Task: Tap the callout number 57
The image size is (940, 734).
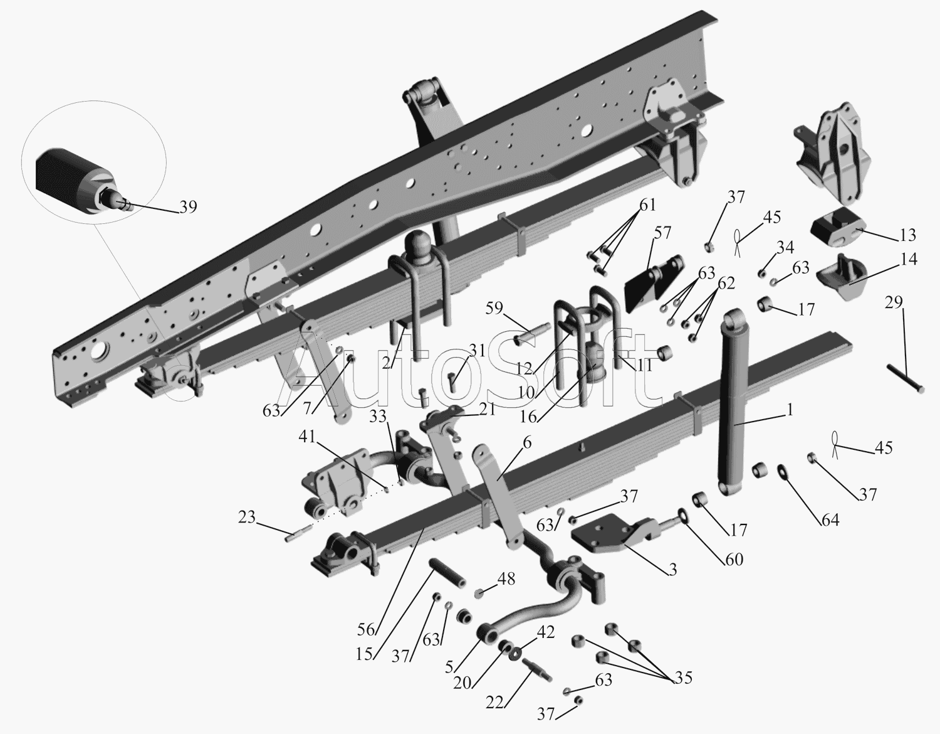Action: tap(662, 233)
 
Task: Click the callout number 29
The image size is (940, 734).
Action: tap(894, 303)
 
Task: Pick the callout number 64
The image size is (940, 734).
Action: tap(830, 519)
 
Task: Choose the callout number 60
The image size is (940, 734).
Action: tap(734, 558)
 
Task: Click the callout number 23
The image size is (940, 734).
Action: tap(246, 518)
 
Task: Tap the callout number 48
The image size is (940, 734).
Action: tap(506, 578)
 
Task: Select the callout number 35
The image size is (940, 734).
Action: tap(683, 678)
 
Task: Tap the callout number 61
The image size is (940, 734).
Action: tap(647, 205)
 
